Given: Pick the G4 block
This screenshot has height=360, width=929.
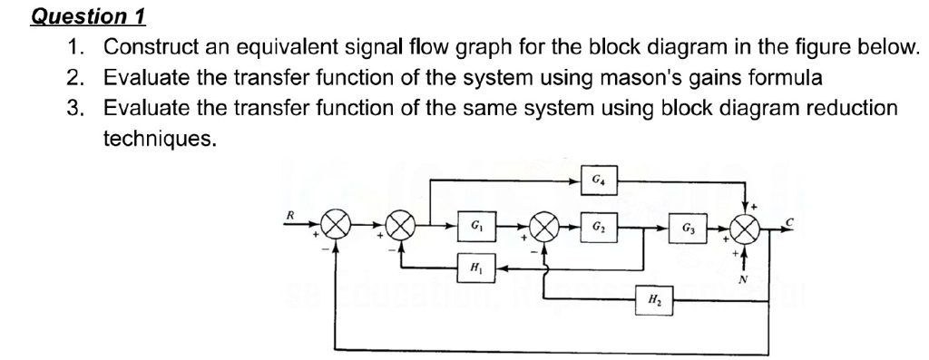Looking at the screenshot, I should pyautogui.click(x=598, y=179).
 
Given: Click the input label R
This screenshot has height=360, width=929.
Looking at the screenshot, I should pyautogui.click(x=289, y=214).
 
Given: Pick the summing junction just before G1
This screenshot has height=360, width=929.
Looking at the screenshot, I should pyautogui.click(x=403, y=226).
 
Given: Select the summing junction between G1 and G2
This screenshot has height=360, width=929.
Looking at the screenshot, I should pyautogui.click(x=546, y=226).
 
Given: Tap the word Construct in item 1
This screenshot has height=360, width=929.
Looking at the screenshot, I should pyautogui.click(x=145, y=47).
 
